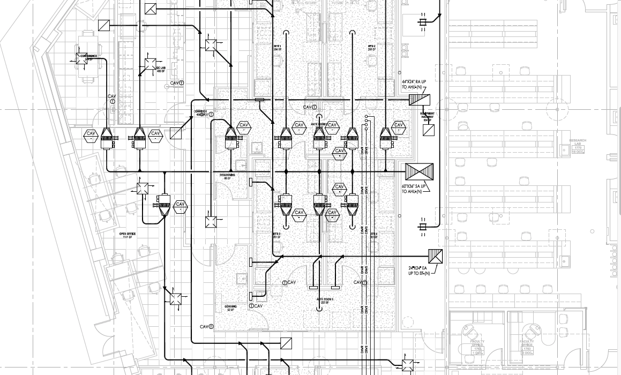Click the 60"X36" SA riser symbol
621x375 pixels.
coord(418,171)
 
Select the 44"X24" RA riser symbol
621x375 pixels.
coord(420,100)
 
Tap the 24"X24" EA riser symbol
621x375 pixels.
coord(436,257)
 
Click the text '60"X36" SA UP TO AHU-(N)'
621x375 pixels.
coord(414,189)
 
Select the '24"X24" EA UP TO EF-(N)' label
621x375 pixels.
coord(418,271)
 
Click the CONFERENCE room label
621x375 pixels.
coord(88,57)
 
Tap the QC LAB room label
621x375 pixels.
coord(161,70)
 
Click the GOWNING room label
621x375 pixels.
coord(231,308)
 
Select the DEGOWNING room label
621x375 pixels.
coord(227,176)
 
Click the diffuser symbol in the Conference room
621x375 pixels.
coord(81,58)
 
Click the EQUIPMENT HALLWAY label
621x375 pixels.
coord(427,116)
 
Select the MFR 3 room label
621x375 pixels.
coord(277,235)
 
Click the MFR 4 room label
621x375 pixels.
coord(373,235)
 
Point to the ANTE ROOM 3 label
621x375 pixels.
coord(325,301)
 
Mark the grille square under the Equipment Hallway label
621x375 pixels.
coord(428,130)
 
